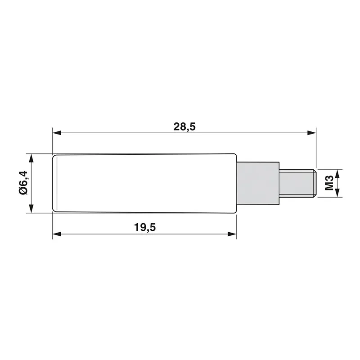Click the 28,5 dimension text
click(184, 126)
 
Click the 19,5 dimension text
click(144, 227)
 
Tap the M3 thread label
click(329, 183)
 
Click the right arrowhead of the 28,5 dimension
click(311, 133)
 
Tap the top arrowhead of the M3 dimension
click(338, 172)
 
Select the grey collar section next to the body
click(256, 183)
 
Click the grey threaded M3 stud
click(297, 183)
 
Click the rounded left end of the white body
click(54, 183)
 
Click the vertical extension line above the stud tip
click(316, 148)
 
